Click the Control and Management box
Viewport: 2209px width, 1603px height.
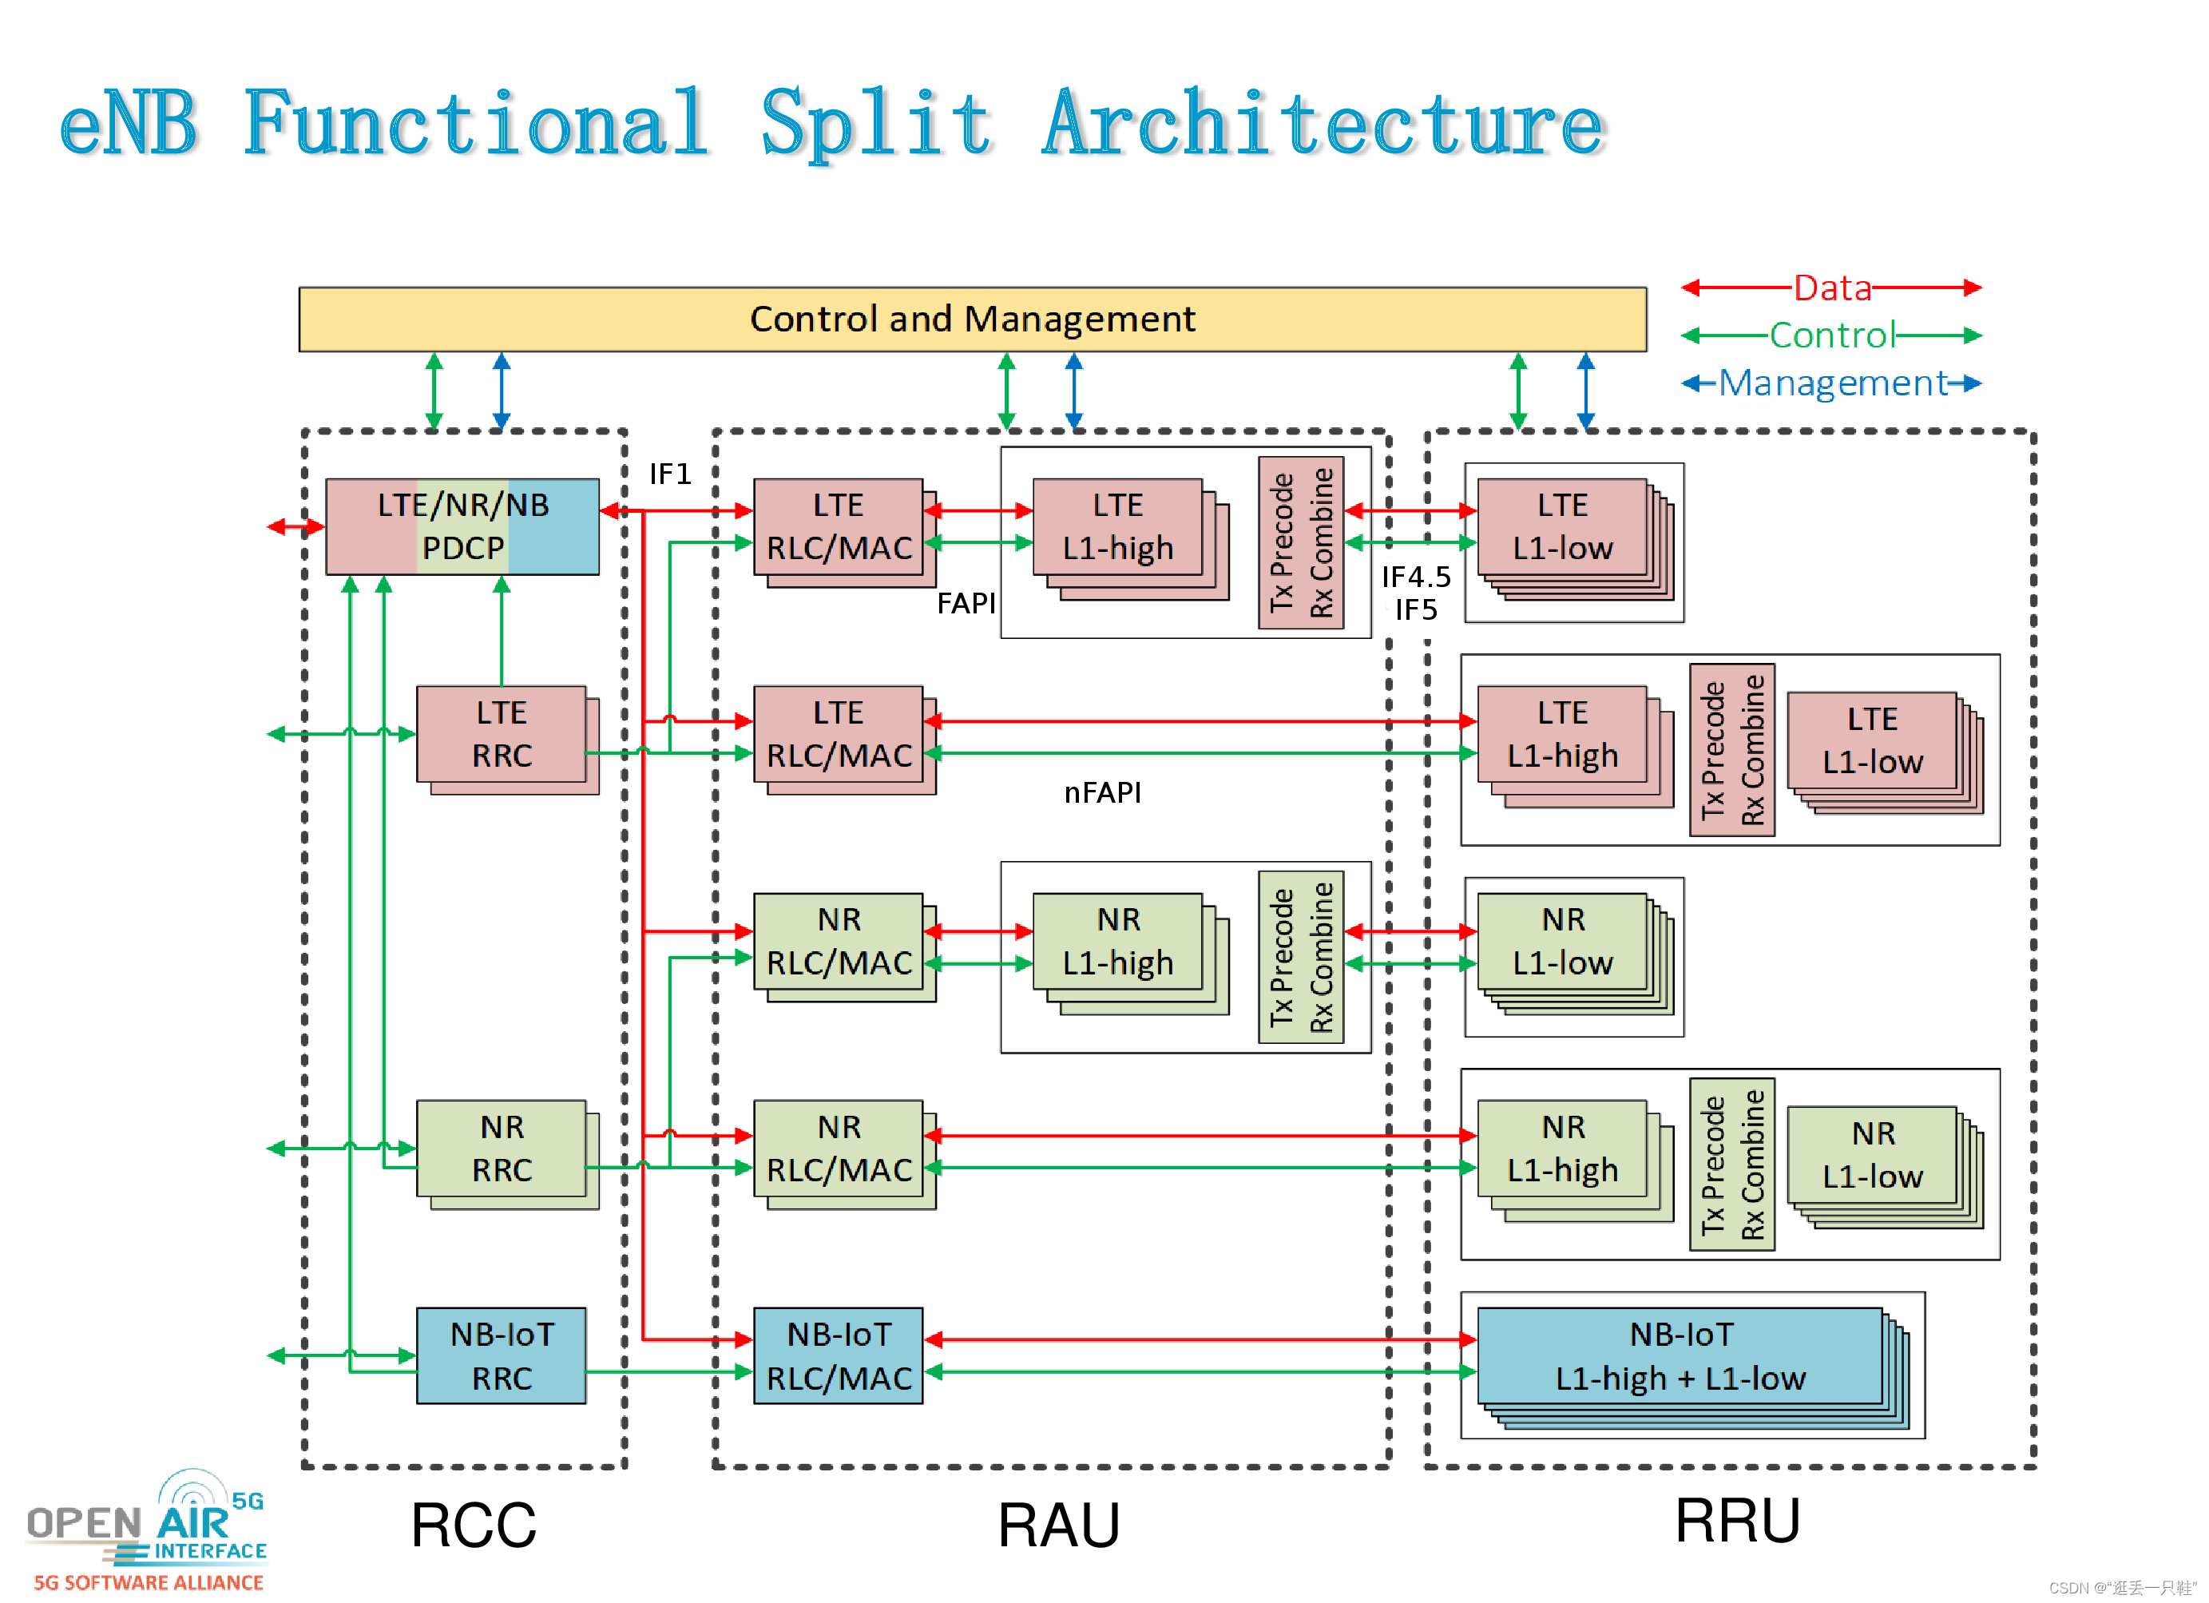pos(972,319)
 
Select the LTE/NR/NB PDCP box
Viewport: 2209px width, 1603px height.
pos(462,526)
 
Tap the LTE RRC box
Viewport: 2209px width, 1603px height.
pos(502,733)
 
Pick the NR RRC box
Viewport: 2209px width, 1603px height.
pos(502,1149)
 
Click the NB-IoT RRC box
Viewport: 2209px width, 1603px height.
pos(502,1355)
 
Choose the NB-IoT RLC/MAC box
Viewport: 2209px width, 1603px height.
pos(839,1355)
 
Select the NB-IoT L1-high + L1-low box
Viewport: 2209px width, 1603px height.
pos(1680,1355)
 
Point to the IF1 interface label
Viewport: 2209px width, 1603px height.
pos(670,474)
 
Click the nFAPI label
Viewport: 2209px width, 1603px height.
pos(1101,793)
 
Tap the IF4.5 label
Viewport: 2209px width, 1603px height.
pos(1416,577)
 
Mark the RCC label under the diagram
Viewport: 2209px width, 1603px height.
pos(474,1525)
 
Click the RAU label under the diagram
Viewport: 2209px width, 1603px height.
pos(1059,1525)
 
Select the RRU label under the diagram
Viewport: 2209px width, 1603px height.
pos(1738,1520)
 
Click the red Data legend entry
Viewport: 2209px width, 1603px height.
pos(1832,288)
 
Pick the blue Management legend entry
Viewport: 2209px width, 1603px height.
pos(1832,383)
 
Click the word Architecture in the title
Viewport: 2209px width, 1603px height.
pos(1323,124)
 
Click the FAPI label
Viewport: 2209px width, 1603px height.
pos(966,604)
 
